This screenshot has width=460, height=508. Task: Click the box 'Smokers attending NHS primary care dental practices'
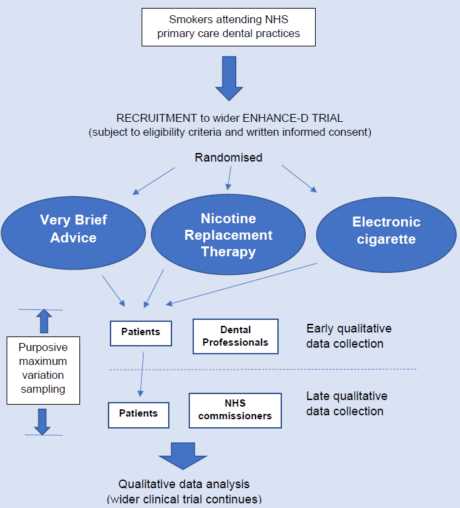[228, 27]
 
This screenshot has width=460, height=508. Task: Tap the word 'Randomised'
[228, 157]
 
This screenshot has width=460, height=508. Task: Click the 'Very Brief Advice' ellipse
[73, 229]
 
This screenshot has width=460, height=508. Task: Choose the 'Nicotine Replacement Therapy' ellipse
[228, 235]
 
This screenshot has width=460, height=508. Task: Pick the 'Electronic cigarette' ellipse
[386, 230]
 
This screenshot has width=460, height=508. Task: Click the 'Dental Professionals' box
[235, 336]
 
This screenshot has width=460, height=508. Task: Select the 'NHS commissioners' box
[235, 410]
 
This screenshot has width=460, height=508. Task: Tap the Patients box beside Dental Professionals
[140, 332]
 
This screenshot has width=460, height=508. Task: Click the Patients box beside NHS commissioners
[138, 414]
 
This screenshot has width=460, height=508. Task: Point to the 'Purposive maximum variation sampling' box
[42, 370]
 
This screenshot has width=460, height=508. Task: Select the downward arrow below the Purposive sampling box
[42, 421]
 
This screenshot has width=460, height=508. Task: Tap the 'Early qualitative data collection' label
[349, 336]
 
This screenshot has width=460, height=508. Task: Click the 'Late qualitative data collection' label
[346, 403]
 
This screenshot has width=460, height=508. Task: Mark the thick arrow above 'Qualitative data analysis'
[183, 454]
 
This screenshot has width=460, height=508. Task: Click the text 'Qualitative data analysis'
[183, 484]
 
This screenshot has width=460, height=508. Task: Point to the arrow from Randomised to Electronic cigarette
[299, 179]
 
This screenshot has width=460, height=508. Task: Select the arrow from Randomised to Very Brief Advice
[154, 180]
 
